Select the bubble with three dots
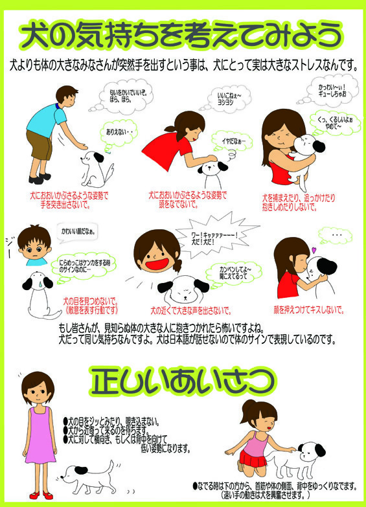335,234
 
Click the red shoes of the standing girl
40,495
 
